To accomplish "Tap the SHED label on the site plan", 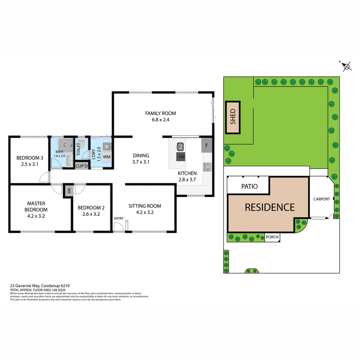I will [x=233, y=117].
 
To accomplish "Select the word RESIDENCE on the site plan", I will [x=270, y=207].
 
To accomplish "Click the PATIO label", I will [x=249, y=186].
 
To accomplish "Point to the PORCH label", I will [x=272, y=237].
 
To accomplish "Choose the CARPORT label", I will [x=321, y=199].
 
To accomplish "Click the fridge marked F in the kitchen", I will [x=207, y=146].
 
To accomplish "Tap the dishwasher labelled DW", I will [x=181, y=157].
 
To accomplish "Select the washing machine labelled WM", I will [x=107, y=157].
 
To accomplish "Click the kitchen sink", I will [x=180, y=146].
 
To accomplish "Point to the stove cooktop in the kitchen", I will [x=207, y=167].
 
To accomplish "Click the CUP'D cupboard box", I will [x=81, y=166].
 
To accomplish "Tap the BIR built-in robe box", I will [x=69, y=191].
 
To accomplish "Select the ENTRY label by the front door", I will [x=118, y=219].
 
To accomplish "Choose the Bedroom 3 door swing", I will [x=44, y=178].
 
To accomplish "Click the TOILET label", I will [x=79, y=149].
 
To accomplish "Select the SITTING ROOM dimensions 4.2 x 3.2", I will [x=145, y=212].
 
